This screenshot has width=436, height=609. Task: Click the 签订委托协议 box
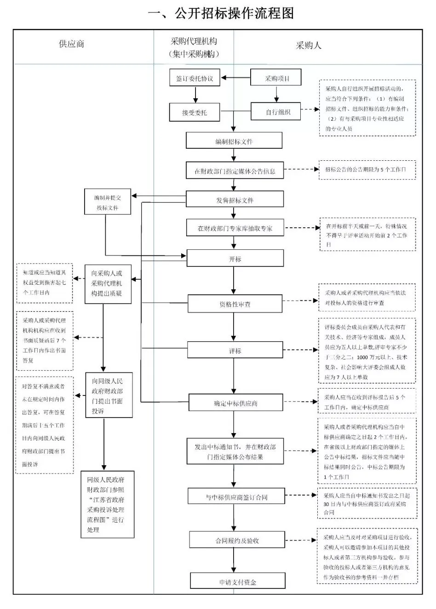(x=195, y=78)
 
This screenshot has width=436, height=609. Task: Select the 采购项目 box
(x=276, y=78)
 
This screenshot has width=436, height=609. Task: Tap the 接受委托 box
(x=195, y=112)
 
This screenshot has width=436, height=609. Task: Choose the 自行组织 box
(x=276, y=112)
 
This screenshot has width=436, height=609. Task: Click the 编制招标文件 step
(x=234, y=141)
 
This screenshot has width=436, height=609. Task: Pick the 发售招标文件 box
(x=235, y=200)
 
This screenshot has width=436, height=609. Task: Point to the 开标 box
(x=235, y=259)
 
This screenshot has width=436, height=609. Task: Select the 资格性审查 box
(x=235, y=304)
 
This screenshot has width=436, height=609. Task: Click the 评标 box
(x=235, y=350)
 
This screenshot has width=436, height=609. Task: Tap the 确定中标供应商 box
(x=235, y=403)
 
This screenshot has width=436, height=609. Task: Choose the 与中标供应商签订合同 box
(x=236, y=497)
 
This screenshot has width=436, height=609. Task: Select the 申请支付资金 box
(x=237, y=582)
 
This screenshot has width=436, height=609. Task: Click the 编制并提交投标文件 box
(x=107, y=203)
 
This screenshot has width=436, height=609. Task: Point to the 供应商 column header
(x=71, y=45)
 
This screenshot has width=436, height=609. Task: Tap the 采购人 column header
(x=308, y=45)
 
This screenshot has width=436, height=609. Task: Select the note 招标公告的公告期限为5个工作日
(x=367, y=169)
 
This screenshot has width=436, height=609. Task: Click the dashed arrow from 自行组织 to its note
(x=310, y=110)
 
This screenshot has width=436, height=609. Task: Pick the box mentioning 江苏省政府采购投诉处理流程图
(x=107, y=504)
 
